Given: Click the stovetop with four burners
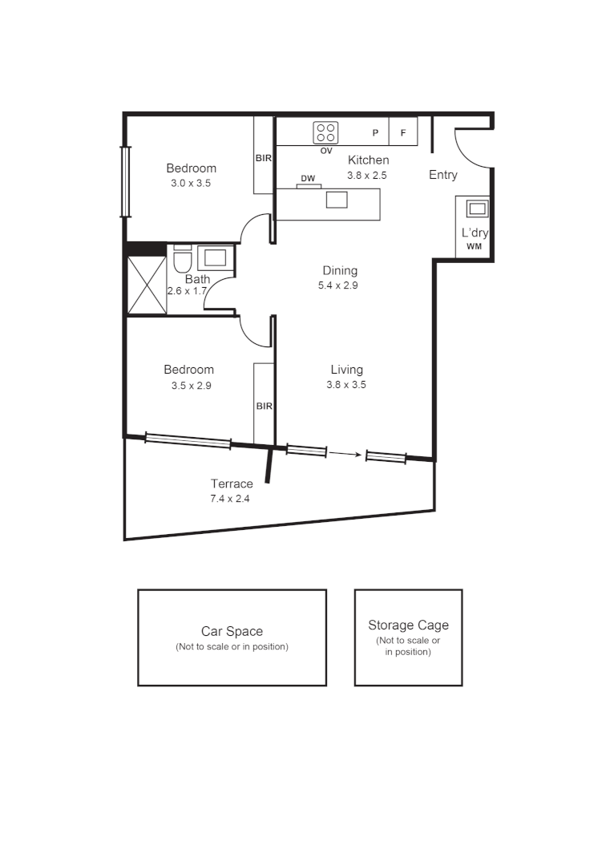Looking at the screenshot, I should [325, 132].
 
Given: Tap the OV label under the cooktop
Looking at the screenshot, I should [326, 151].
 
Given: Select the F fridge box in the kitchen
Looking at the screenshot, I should [403, 132].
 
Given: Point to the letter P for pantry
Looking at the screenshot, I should [375, 133].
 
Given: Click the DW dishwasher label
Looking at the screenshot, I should [308, 178].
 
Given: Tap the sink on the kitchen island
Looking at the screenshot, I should [337, 199].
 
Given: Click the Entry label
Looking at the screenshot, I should [443, 175].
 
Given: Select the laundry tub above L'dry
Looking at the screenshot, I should [477, 209].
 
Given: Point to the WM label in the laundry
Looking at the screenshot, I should [475, 246].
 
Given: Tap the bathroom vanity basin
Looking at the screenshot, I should [215, 257].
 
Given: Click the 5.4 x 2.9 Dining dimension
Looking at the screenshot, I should [340, 285].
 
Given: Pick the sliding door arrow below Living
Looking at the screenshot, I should [345, 455].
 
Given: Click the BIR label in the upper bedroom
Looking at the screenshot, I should [264, 158].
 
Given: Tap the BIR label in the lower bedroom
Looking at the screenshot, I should [265, 407].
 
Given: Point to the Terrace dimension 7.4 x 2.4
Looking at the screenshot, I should [232, 498].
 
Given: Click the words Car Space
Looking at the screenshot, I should [232, 631].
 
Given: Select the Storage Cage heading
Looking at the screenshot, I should [408, 625].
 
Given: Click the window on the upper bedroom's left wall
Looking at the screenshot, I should [125, 181].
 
